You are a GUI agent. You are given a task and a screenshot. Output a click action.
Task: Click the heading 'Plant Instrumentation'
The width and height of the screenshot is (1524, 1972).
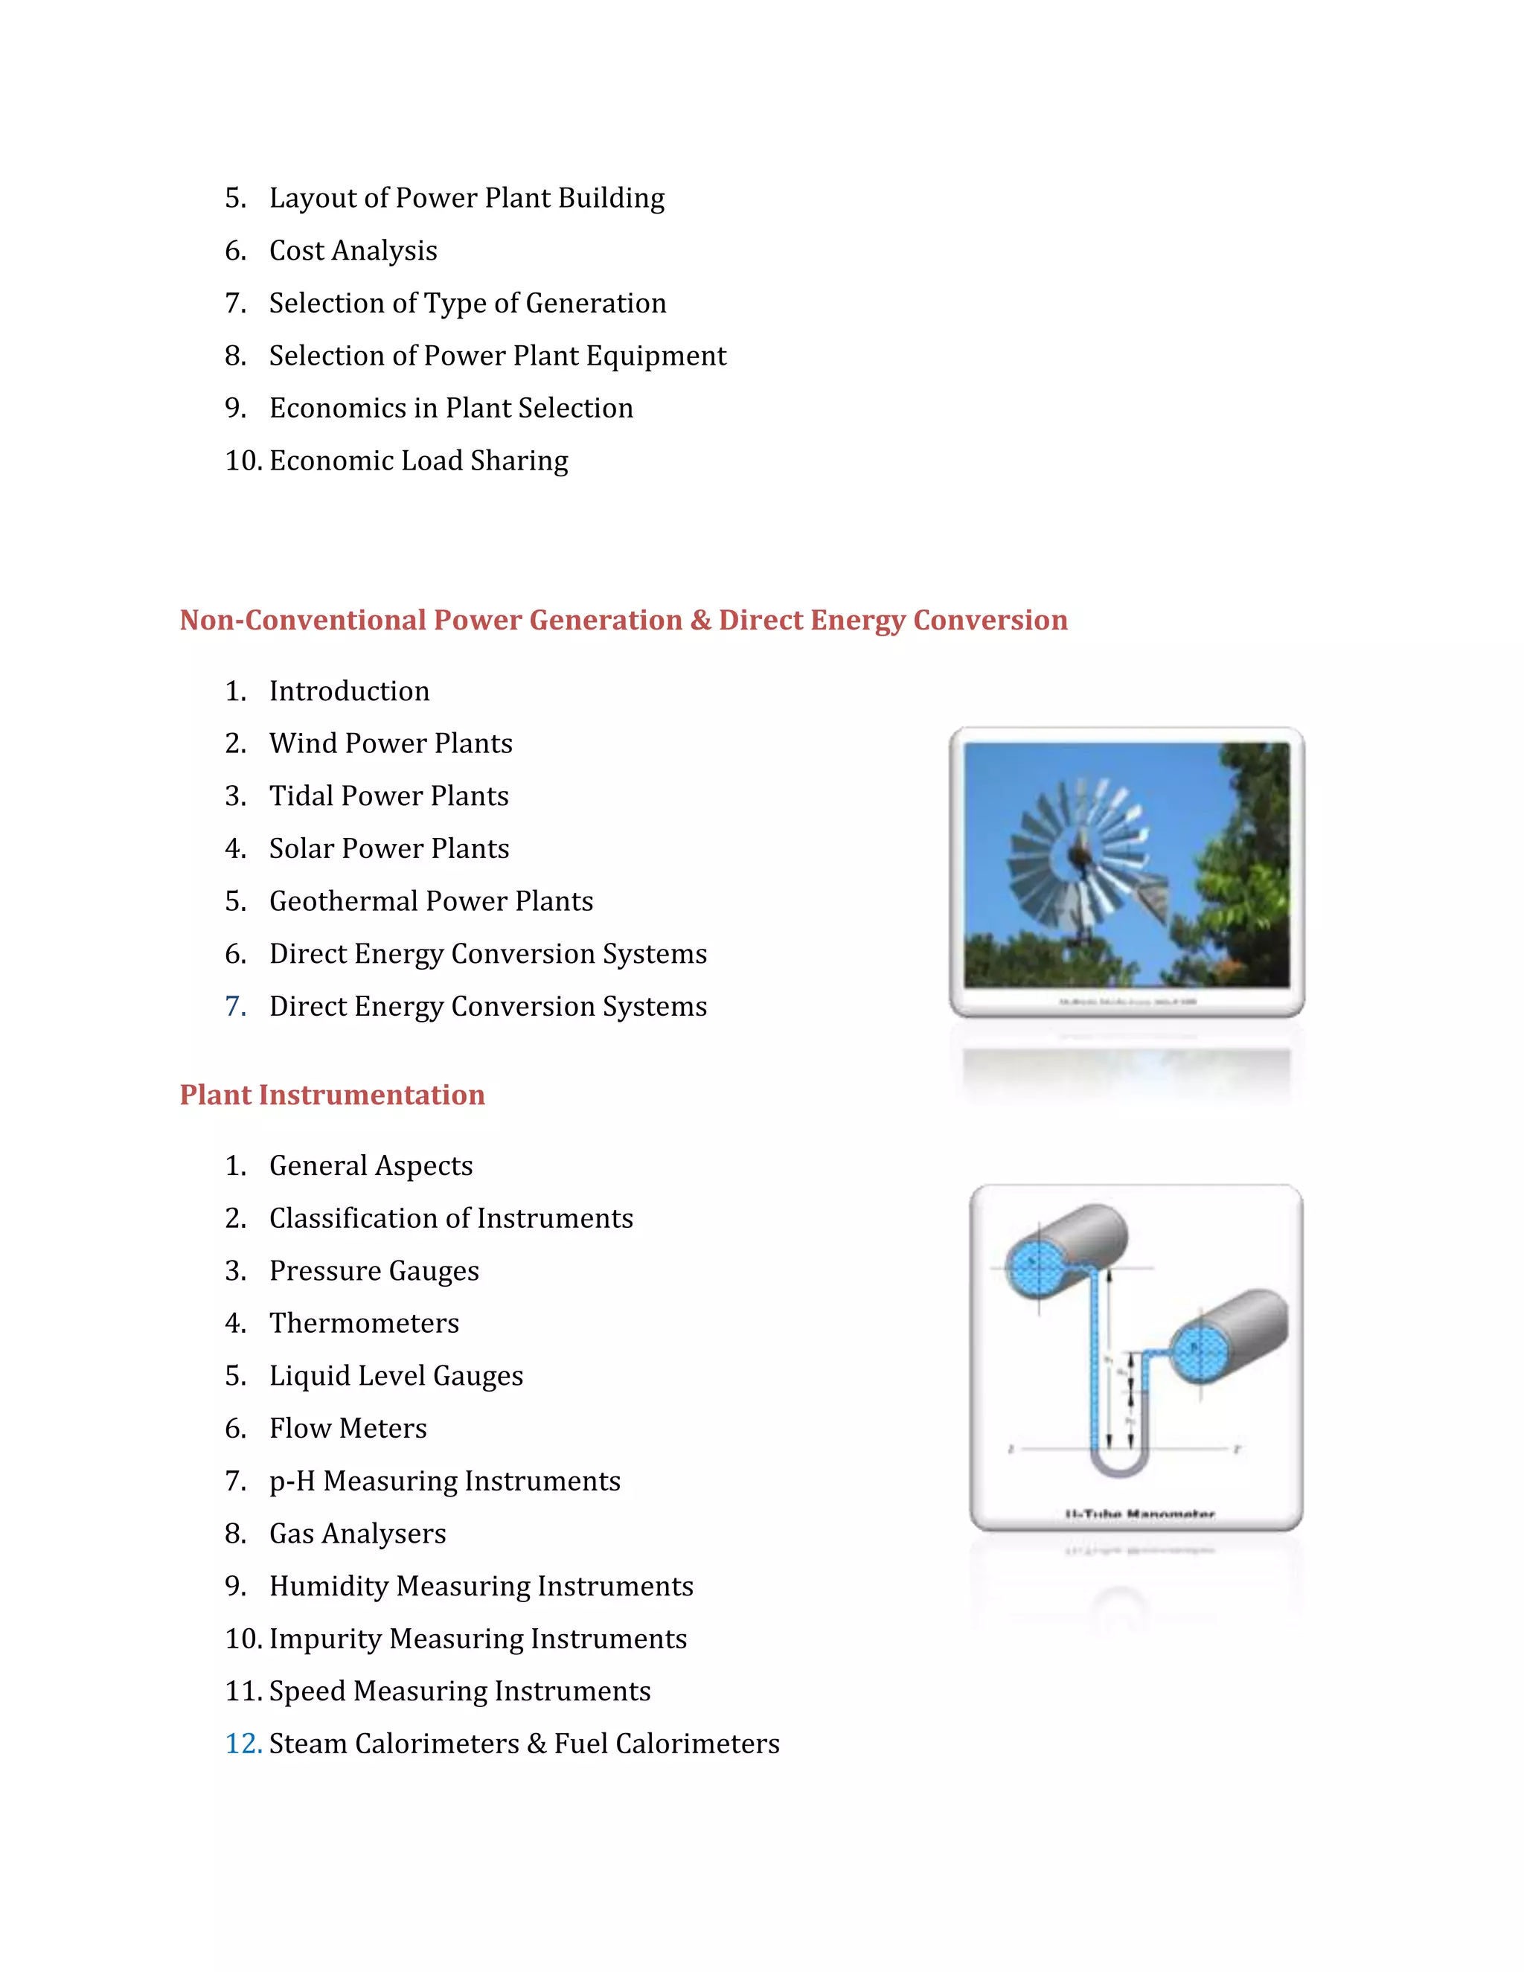click(x=332, y=1095)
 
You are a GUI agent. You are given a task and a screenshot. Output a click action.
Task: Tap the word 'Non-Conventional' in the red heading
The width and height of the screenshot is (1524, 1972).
click(x=304, y=621)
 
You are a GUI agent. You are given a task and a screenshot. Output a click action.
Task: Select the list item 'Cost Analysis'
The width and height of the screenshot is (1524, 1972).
click(x=353, y=250)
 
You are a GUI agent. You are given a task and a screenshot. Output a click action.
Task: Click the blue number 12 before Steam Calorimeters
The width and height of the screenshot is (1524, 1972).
click(x=242, y=1744)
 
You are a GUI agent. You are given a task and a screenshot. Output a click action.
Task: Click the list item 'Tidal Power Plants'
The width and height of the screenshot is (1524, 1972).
click(x=388, y=795)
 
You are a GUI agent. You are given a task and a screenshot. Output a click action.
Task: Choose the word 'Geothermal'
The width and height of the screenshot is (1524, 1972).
click(x=344, y=901)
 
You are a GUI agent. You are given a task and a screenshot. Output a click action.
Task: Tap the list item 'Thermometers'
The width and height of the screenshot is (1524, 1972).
click(x=364, y=1323)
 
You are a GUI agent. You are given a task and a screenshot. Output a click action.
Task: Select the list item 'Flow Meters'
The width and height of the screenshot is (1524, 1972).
click(x=348, y=1429)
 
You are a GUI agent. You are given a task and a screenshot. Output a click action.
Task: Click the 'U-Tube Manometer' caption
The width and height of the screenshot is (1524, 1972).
click(x=1139, y=1514)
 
